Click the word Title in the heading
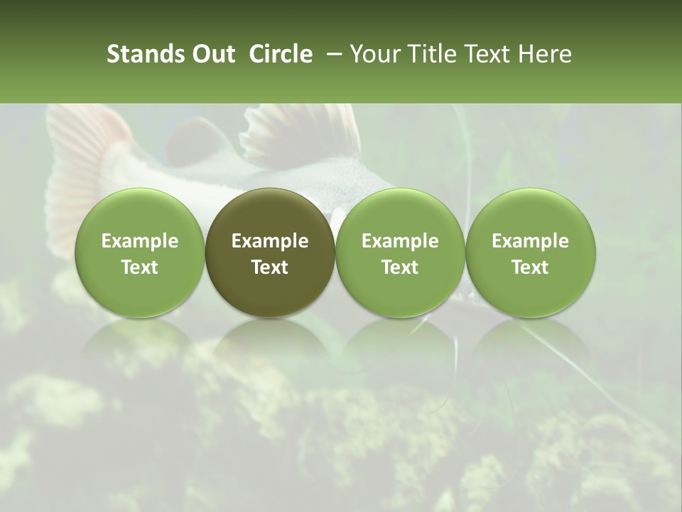(x=435, y=54)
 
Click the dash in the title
(x=332, y=54)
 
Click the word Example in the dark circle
(x=270, y=241)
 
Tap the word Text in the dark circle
(x=270, y=267)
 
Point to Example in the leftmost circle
(x=140, y=241)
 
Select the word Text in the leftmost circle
(x=140, y=267)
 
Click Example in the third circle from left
(x=400, y=241)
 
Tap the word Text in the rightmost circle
(x=531, y=267)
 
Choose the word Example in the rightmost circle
(x=531, y=241)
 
